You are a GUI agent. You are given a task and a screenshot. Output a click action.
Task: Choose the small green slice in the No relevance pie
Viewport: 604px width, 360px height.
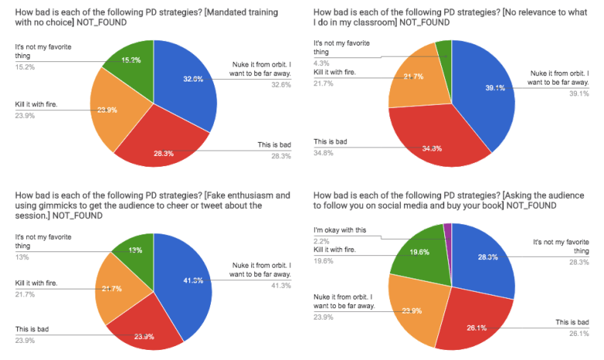444,50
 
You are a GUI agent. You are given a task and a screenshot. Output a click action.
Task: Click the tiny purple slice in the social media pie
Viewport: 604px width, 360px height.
447,227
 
